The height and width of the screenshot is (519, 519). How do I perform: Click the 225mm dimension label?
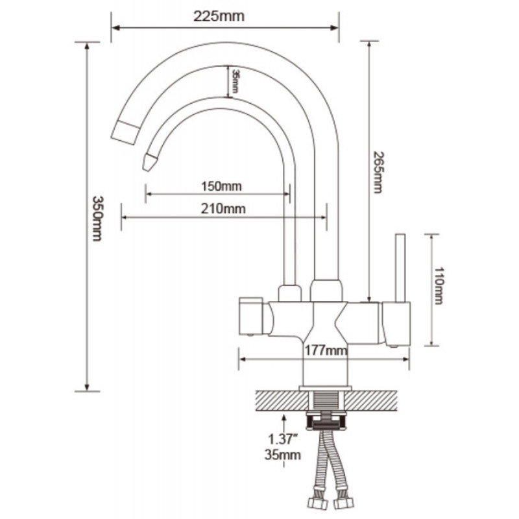pyautogui.click(x=219, y=16)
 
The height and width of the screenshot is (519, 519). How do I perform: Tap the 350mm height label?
pyautogui.click(x=97, y=219)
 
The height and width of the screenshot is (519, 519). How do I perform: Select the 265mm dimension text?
pyautogui.click(x=378, y=172)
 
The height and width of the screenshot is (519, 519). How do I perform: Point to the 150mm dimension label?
pyautogui.click(x=221, y=186)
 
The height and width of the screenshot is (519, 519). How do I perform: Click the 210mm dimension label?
pyautogui.click(x=223, y=208)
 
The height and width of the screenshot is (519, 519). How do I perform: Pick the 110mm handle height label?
pyautogui.click(x=439, y=286)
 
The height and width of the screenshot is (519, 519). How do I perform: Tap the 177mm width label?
pyautogui.click(x=326, y=350)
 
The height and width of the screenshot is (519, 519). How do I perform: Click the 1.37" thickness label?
pyautogui.click(x=282, y=439)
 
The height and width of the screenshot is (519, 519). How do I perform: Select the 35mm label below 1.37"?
pyautogui.click(x=282, y=455)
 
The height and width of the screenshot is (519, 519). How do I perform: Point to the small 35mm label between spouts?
pyautogui.click(x=235, y=81)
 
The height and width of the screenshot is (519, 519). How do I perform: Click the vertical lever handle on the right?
pyautogui.click(x=400, y=268)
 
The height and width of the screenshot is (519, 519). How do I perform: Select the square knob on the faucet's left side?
pyautogui.click(x=251, y=316)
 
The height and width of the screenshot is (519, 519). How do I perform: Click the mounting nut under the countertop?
pyautogui.click(x=326, y=420)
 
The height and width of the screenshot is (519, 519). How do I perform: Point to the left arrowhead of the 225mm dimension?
pyautogui.click(x=115, y=28)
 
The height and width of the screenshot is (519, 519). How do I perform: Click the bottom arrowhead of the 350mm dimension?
pyautogui.click(x=87, y=387)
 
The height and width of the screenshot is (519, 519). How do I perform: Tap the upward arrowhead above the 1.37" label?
pyautogui.click(x=284, y=418)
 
